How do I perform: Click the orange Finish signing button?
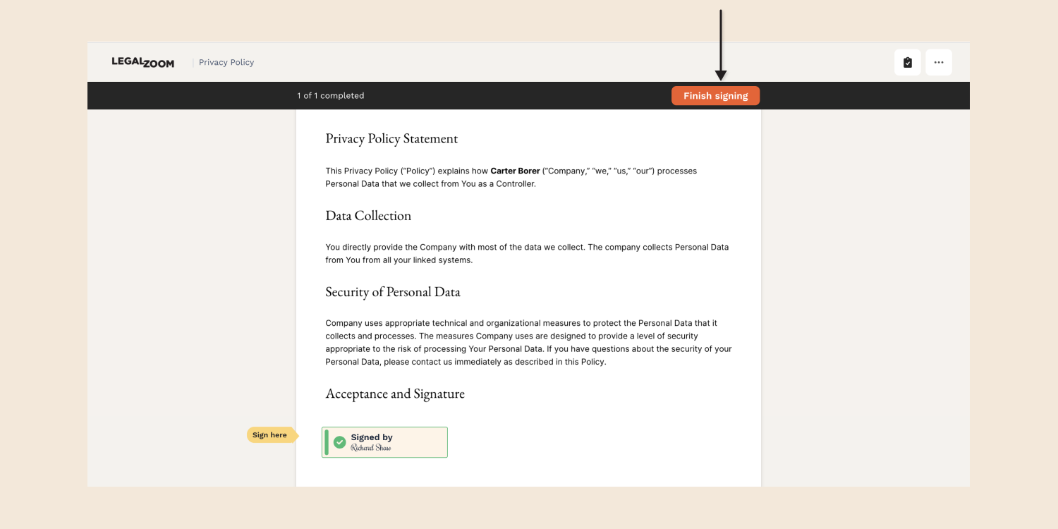pyautogui.click(x=715, y=96)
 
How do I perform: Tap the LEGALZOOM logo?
pyautogui.click(x=142, y=62)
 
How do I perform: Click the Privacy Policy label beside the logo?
pyautogui.click(x=226, y=62)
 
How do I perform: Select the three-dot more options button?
pyautogui.click(x=939, y=62)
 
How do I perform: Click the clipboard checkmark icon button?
pyautogui.click(x=908, y=62)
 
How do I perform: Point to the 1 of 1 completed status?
pyautogui.click(x=331, y=96)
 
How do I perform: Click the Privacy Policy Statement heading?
pyautogui.click(x=391, y=139)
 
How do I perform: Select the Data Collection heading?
pyautogui.click(x=368, y=216)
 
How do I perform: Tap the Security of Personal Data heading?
pyautogui.click(x=393, y=292)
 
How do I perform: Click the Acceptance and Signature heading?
pyautogui.click(x=395, y=394)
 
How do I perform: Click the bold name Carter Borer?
pyautogui.click(x=515, y=171)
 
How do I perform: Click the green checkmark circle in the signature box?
pyautogui.click(x=340, y=442)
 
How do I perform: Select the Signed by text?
pyautogui.click(x=372, y=437)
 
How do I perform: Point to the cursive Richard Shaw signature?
pyautogui.click(x=371, y=448)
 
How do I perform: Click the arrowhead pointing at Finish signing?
pyautogui.click(x=720, y=75)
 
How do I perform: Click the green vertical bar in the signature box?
pyautogui.click(x=327, y=442)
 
